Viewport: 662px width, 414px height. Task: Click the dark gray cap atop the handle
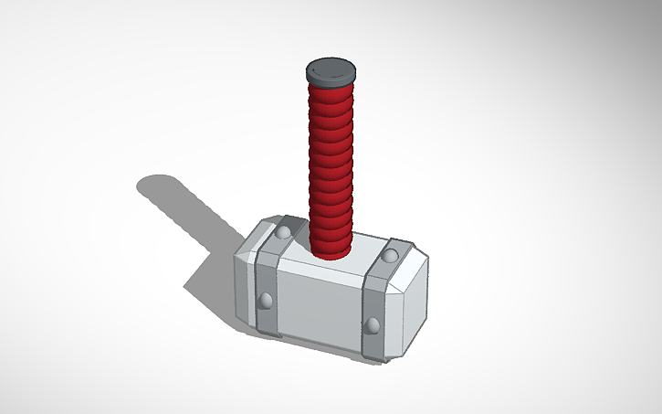(330, 69)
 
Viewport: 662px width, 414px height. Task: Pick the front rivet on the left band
(266, 299)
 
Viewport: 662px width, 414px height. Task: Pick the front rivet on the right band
(372, 324)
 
